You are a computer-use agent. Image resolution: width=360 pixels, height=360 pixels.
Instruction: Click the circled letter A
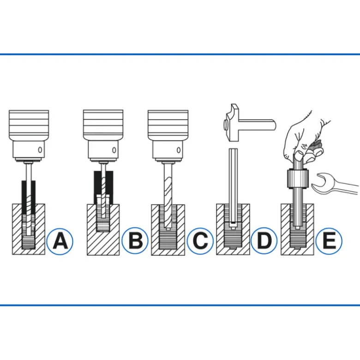[x=60, y=241]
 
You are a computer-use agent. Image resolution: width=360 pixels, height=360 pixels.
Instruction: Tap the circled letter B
[x=135, y=241]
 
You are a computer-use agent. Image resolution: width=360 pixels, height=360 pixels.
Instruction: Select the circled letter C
[x=200, y=241]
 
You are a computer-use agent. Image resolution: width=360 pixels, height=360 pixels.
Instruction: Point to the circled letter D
[x=264, y=241]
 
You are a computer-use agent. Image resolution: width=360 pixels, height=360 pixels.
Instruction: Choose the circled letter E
[x=329, y=241]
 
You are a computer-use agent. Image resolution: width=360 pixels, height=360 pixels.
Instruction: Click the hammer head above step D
[x=232, y=123]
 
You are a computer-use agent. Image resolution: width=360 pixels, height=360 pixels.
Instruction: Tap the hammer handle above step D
[x=258, y=125]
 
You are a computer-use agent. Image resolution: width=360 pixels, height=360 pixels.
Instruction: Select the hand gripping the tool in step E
[x=303, y=138]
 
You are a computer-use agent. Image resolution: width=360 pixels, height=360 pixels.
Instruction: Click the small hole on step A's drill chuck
[x=40, y=150]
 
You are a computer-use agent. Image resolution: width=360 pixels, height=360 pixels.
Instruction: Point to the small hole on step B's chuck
[x=114, y=150]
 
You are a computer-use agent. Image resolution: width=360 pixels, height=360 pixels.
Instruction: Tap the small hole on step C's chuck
[x=179, y=150]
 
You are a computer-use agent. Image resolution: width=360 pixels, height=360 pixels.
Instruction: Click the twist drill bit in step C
[x=168, y=195]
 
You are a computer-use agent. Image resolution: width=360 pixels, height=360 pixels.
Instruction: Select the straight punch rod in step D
[x=233, y=186]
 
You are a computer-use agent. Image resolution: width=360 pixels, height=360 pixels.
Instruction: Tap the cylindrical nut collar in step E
[x=297, y=179]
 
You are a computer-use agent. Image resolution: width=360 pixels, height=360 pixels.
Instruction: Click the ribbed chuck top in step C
[x=168, y=125]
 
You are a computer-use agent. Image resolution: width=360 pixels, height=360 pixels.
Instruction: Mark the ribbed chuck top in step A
[x=29, y=125]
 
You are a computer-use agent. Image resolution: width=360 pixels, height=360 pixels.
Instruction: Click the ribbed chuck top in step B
[x=103, y=125]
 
